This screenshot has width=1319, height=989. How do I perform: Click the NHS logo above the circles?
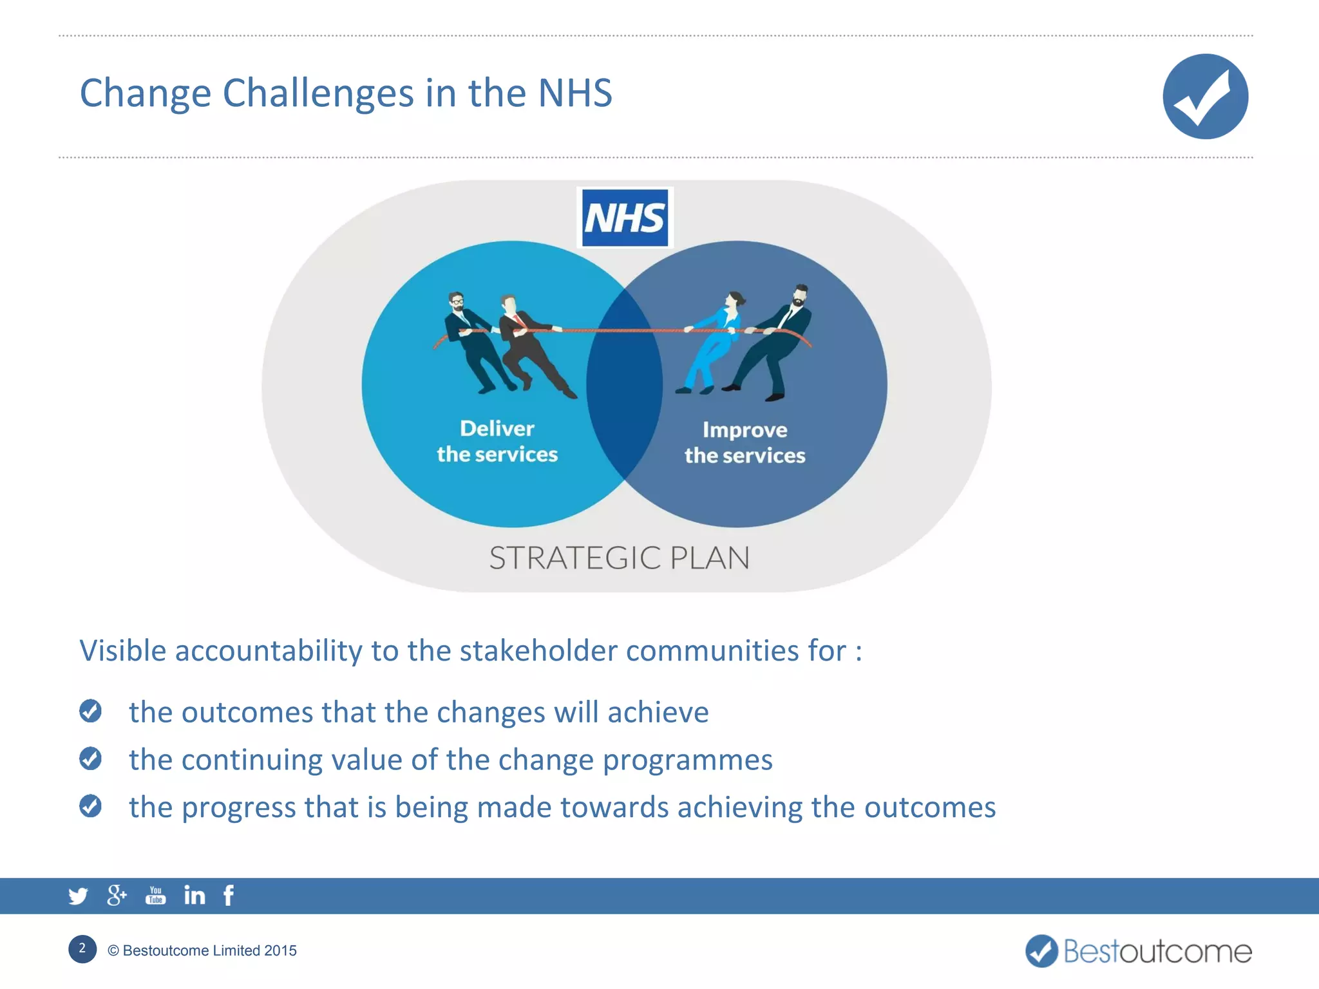click(x=624, y=218)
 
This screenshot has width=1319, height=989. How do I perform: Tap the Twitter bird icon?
click(x=78, y=896)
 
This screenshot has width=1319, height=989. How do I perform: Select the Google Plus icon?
click(x=117, y=895)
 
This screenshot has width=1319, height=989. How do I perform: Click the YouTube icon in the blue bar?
click(x=155, y=895)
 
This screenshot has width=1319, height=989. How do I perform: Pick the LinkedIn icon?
click(x=195, y=895)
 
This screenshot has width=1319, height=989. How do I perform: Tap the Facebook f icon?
click(x=229, y=895)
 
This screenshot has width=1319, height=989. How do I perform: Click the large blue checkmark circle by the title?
click(x=1205, y=97)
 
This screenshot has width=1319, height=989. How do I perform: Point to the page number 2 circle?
click(x=82, y=949)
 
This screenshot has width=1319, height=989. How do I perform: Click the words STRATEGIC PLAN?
click(x=620, y=558)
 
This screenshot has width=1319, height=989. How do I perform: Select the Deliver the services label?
click(x=497, y=442)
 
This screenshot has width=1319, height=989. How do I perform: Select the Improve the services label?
click(x=745, y=443)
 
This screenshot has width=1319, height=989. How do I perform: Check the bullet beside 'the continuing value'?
click(x=90, y=758)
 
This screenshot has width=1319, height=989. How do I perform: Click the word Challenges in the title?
click(x=318, y=93)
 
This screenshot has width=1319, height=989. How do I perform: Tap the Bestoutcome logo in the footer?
click(x=1138, y=951)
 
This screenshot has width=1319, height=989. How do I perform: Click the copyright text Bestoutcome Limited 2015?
click(x=202, y=950)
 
